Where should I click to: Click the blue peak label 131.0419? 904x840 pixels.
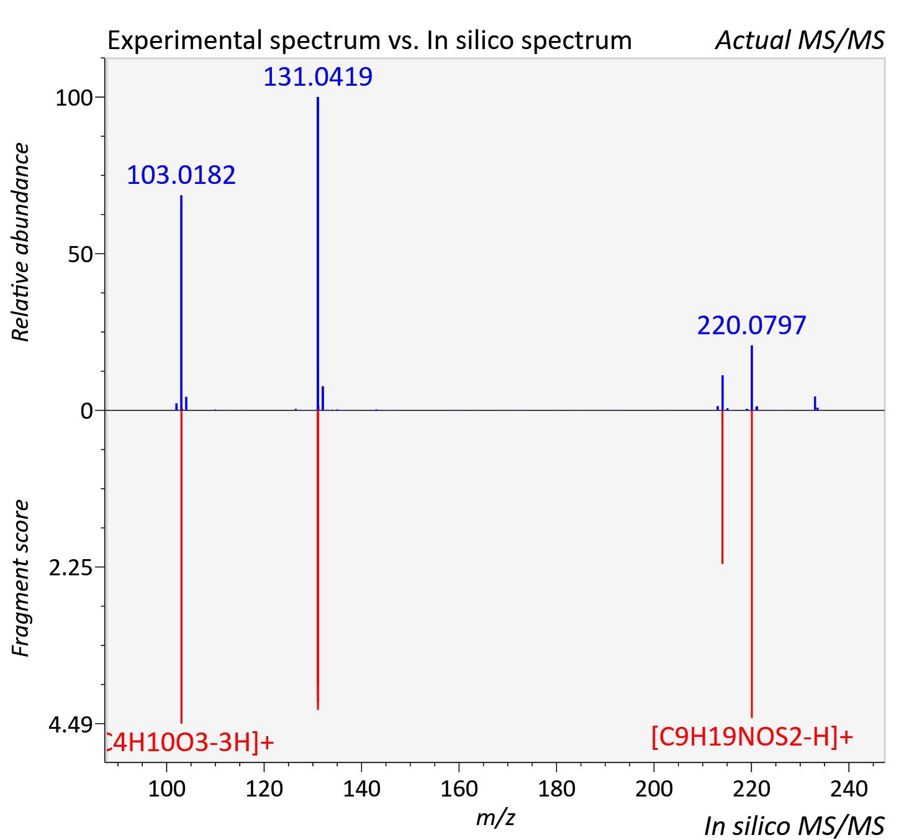[318, 76]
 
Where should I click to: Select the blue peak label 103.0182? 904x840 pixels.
[181, 175]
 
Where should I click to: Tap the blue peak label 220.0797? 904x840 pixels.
[751, 326]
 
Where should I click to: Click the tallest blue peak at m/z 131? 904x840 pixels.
[318, 253]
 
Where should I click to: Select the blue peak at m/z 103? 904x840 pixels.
[181, 303]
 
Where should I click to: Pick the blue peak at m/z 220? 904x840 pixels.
[751, 378]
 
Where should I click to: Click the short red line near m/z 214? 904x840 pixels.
[722, 488]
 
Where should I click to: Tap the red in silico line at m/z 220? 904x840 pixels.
[751, 564]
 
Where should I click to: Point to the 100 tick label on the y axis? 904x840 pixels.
[74, 98]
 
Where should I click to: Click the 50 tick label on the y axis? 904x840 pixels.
[80, 254]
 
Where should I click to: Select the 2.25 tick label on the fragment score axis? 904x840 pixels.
[71, 568]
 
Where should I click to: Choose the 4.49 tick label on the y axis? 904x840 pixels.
[71, 724]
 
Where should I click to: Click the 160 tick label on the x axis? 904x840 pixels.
[459, 788]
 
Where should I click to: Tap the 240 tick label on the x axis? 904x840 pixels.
[849, 788]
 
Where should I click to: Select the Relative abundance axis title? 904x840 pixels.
[20, 242]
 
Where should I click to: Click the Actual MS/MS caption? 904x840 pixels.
[800, 40]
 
